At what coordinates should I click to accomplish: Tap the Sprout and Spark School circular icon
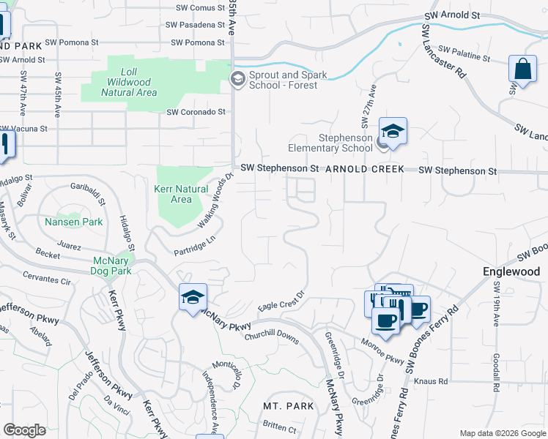point(237,79)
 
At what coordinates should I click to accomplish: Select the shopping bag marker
point(522,70)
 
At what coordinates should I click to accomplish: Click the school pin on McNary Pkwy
point(193,298)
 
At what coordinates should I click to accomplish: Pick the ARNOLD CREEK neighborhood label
point(365,169)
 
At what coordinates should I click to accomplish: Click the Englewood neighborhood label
point(511,271)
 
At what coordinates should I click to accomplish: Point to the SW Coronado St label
point(196,112)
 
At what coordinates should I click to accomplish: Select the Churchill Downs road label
point(273,336)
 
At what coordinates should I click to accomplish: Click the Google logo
point(24,430)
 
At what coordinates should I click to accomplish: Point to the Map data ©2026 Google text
point(503,433)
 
